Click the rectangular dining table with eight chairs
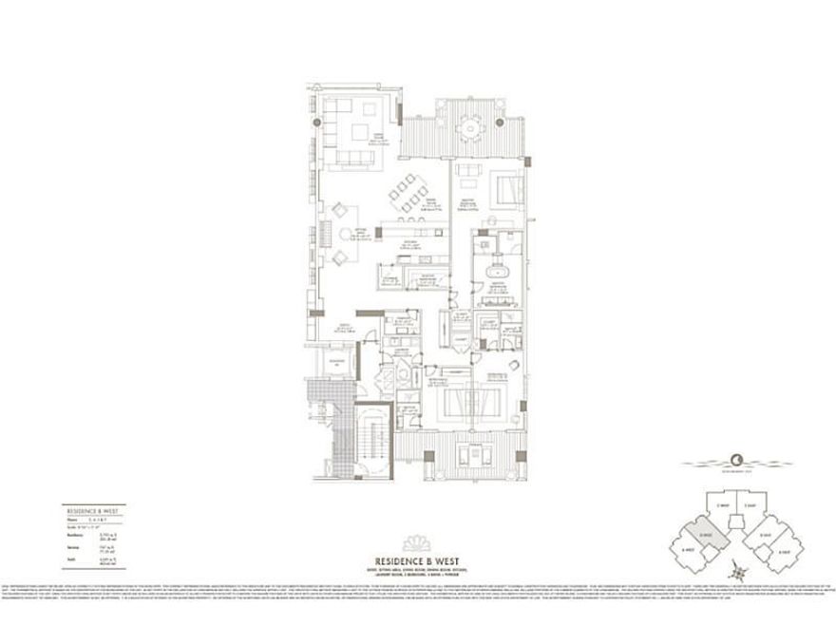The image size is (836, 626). pos(409,196)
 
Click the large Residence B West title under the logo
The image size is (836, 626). pos(418,561)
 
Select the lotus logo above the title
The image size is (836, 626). pos(418,543)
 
